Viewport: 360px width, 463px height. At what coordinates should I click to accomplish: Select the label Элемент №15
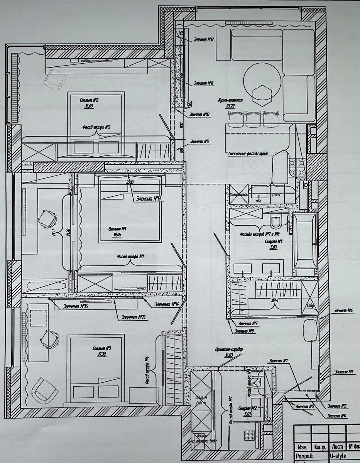133,318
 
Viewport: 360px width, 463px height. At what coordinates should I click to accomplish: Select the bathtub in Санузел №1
304,240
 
